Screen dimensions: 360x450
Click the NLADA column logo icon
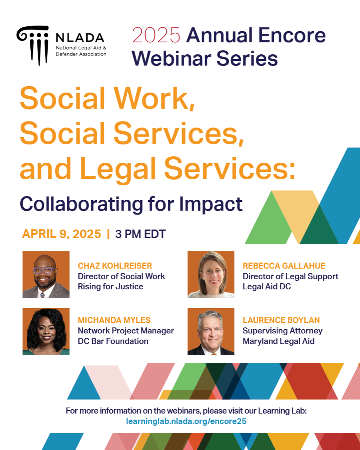coord(33,45)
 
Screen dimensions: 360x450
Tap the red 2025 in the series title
coord(156,35)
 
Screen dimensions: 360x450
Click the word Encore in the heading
coord(292,35)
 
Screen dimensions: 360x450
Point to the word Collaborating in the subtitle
coord(81,204)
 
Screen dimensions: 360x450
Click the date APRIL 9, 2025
coord(61,234)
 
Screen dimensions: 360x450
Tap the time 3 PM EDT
coord(140,234)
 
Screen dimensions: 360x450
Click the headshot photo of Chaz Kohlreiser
coord(46,274)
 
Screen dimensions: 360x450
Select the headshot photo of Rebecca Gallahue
coord(211,274)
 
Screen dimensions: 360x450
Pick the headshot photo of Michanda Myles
coord(46,331)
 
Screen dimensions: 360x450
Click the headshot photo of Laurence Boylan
coord(211,331)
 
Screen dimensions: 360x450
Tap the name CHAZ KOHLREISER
coord(115,266)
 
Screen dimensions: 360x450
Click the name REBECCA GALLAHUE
coord(284,266)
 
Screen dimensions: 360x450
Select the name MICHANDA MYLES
coord(114,320)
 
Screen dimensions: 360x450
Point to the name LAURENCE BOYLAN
coord(281,320)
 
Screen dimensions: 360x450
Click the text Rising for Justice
coord(111,286)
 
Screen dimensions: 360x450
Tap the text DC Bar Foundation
coord(113,341)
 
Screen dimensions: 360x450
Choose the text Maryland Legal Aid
coord(278,341)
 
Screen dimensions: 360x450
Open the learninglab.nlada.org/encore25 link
coord(186,421)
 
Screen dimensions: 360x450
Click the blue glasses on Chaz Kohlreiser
coord(44,270)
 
